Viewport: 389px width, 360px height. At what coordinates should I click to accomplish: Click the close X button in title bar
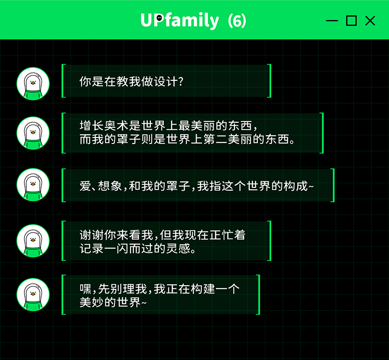tap(370, 20)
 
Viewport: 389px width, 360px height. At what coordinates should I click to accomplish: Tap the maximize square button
tap(351, 20)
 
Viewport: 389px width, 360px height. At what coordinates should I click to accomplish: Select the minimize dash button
tap(332, 21)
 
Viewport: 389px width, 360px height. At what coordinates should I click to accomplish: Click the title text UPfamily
tap(180, 20)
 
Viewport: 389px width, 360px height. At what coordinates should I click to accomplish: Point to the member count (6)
tap(237, 20)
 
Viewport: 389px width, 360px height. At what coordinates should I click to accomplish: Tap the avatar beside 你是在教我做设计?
tap(33, 84)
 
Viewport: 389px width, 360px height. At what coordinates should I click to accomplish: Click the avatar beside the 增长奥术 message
tap(33, 133)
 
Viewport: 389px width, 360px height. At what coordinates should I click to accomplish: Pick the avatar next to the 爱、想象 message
tap(33, 185)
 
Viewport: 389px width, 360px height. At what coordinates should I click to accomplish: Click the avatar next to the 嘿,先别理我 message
tap(33, 294)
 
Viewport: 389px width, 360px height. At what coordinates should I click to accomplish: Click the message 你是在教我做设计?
tap(132, 81)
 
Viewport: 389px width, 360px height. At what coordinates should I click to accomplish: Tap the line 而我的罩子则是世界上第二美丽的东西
tap(187, 139)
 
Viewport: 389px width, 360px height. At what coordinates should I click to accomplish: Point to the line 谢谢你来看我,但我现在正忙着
tap(162, 235)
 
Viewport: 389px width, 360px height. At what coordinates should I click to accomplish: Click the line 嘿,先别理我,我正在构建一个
tap(159, 289)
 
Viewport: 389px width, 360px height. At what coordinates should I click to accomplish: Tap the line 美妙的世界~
tap(113, 303)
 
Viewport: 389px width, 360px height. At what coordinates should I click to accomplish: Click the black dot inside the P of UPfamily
tap(159, 18)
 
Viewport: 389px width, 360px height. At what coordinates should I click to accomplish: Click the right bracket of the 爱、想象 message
tap(332, 185)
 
